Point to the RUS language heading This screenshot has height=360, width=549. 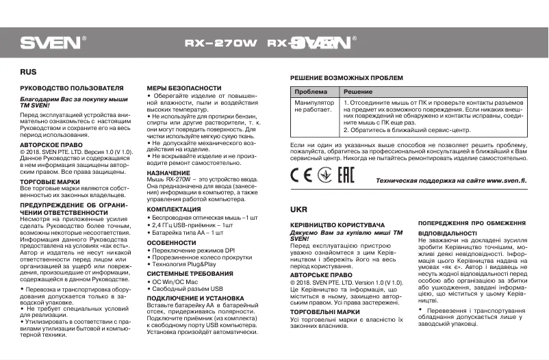point(28,71)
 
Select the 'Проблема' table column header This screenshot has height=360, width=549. point(310,92)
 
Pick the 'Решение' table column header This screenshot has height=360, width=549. point(357,92)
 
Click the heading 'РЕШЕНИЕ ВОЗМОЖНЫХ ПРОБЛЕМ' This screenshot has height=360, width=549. point(346,79)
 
